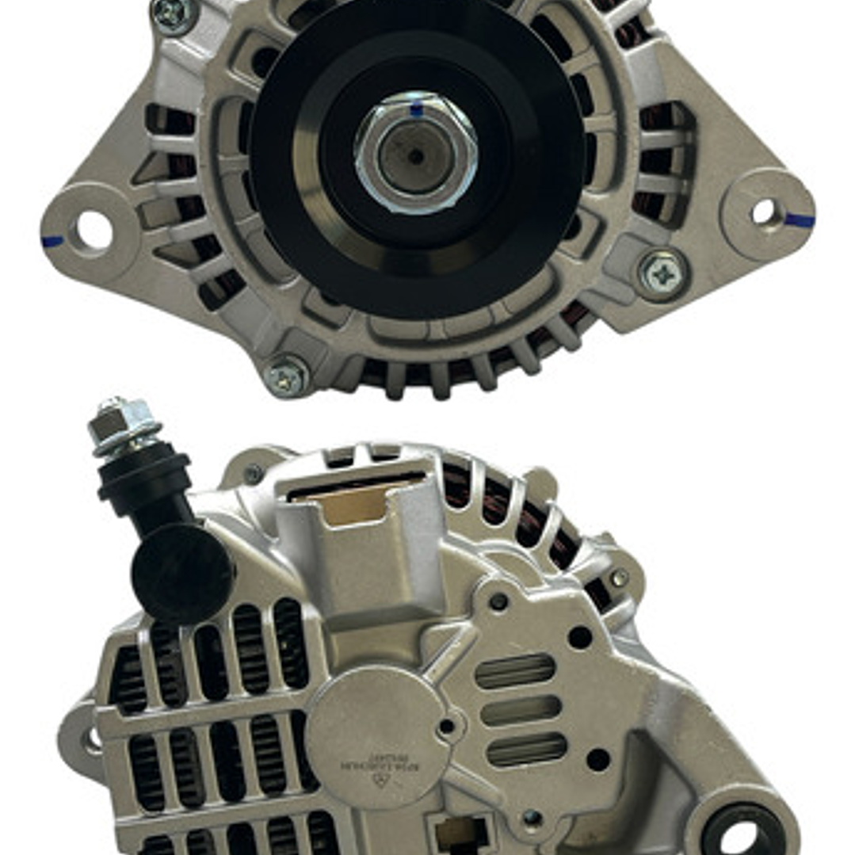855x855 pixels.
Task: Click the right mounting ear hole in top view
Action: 763,212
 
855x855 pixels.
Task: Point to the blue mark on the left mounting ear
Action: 52,241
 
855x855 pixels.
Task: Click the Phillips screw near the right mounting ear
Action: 662,274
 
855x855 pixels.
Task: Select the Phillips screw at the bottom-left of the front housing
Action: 287,376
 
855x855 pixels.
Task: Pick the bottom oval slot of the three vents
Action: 526,750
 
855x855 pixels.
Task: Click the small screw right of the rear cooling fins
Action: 619,578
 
